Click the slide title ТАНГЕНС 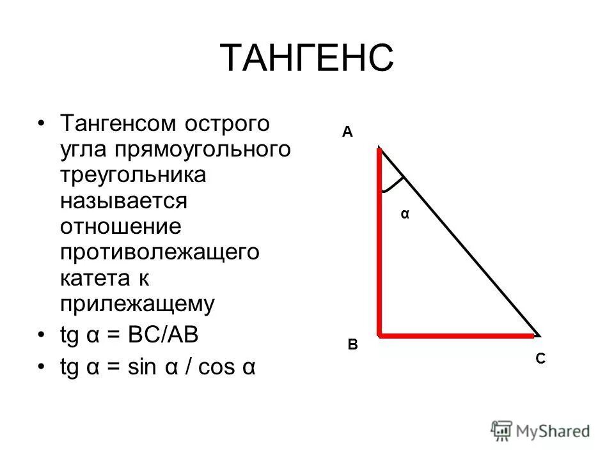coord(306,58)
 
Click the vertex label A coord(347,132)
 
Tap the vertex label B coord(352,345)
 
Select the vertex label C coord(540,360)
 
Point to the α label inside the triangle coord(404,215)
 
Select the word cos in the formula coord(218,368)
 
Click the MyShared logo coord(541,431)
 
